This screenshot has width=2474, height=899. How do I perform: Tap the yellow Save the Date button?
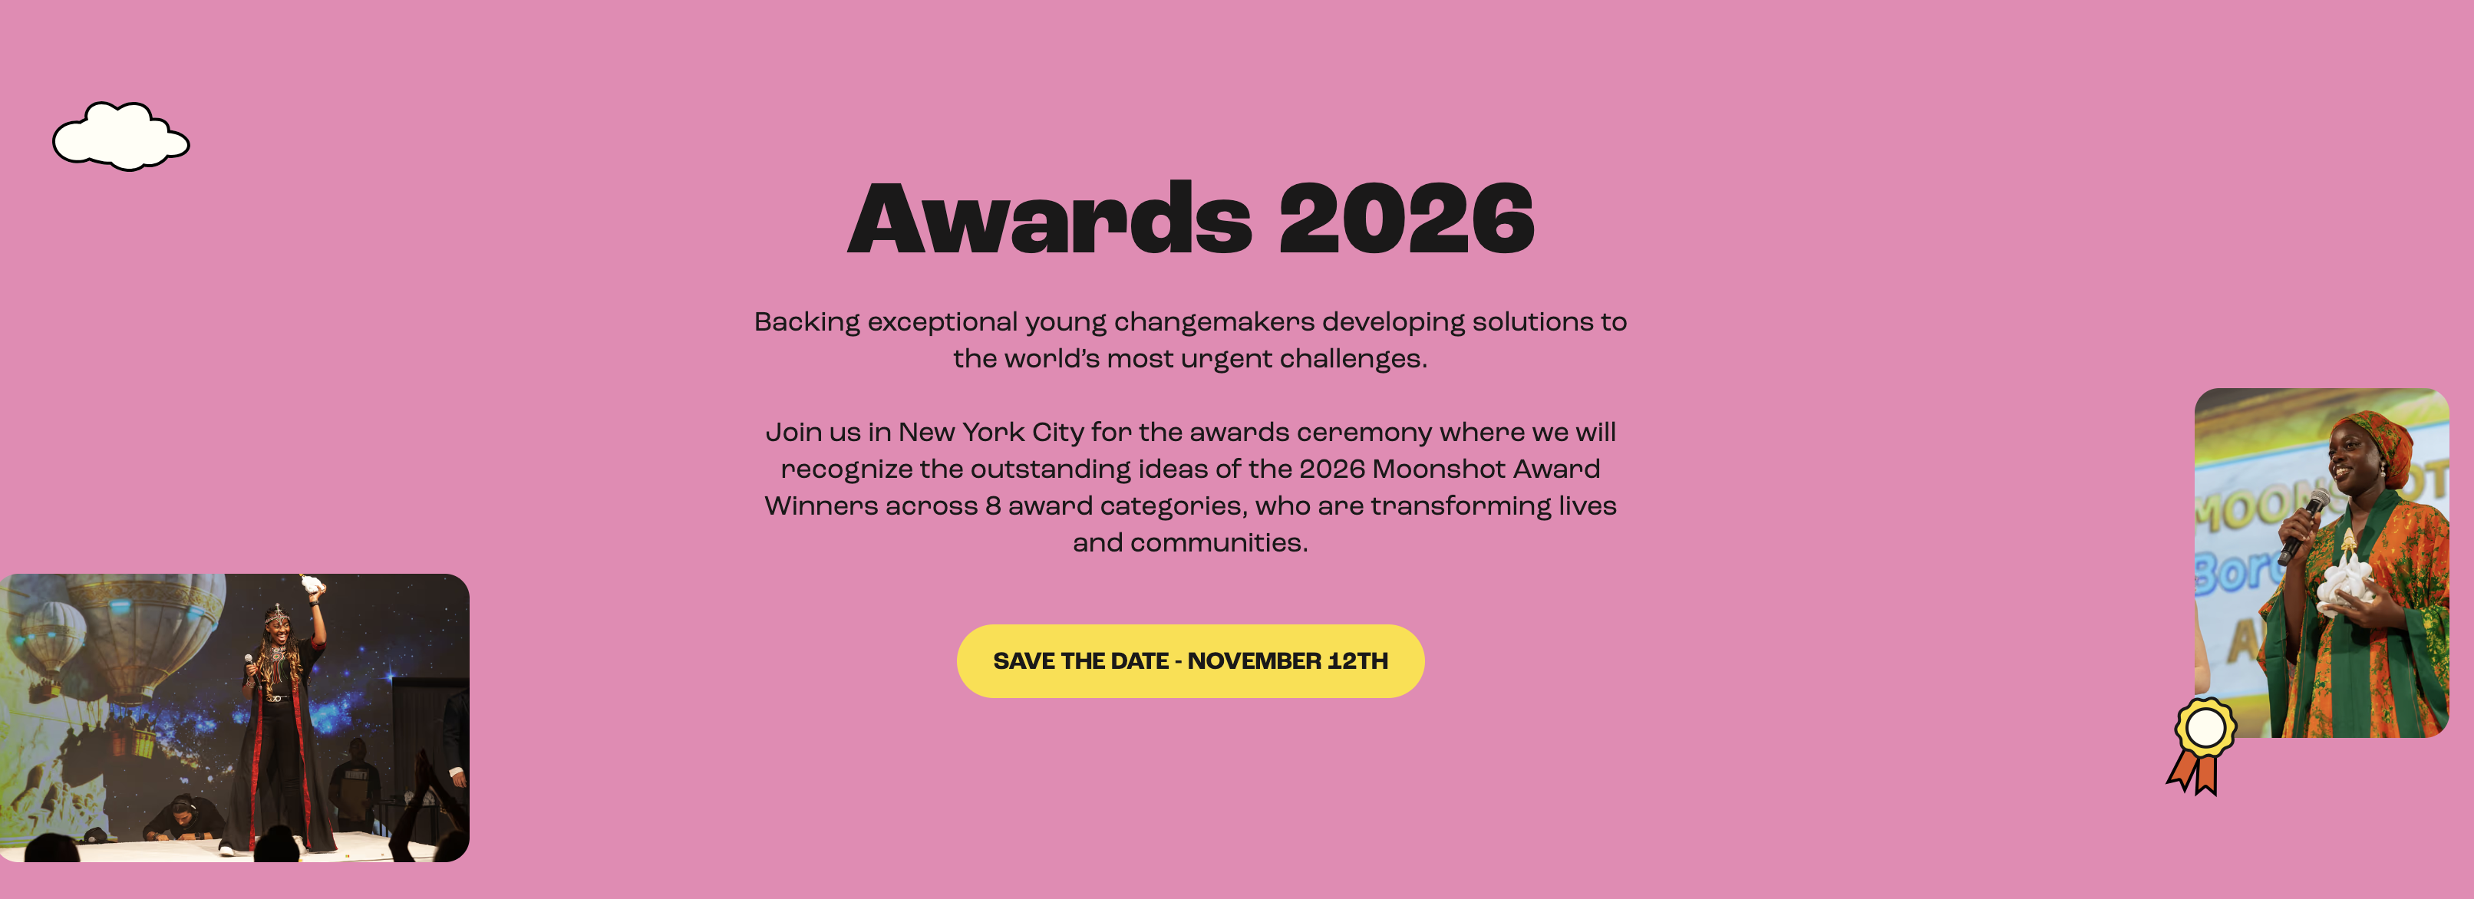[x=1190, y=660]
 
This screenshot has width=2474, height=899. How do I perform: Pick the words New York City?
[x=991, y=433]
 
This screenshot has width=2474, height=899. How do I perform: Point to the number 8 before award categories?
[x=993, y=506]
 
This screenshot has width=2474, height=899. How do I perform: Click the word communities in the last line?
[x=1218, y=542]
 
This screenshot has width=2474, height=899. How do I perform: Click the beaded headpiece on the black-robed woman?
[x=278, y=614]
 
